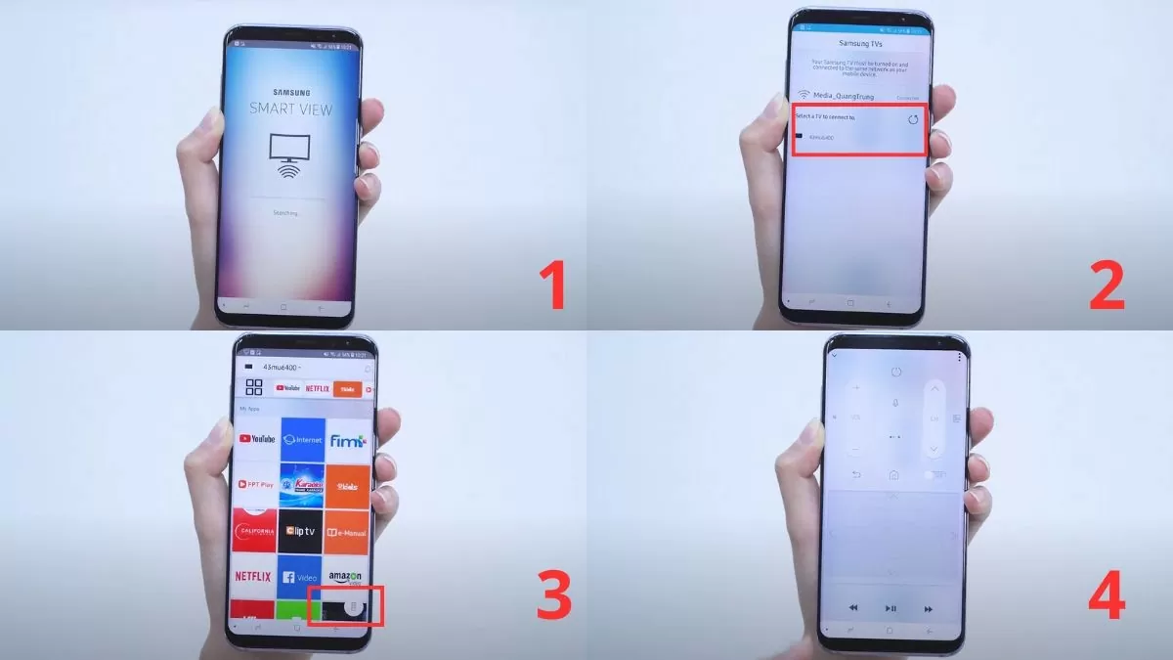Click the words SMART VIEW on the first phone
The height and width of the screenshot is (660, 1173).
pos(290,108)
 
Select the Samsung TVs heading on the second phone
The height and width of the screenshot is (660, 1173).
pos(860,44)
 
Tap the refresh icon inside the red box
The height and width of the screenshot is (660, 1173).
pos(913,119)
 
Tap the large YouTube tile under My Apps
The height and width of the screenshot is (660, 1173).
pos(256,439)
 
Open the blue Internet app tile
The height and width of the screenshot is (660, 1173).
pos(302,440)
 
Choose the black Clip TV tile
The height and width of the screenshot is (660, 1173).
pos(302,531)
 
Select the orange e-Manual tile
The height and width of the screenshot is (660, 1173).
pos(348,531)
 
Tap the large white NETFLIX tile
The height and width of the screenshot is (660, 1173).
pos(254,576)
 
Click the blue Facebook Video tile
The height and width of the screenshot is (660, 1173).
pos(302,576)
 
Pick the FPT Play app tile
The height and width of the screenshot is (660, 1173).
pos(256,485)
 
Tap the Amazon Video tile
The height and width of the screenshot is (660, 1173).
pos(347,577)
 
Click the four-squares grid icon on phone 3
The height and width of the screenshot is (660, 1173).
pos(254,387)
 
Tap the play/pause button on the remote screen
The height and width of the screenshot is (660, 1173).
pos(891,608)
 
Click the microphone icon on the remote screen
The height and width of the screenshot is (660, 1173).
pos(894,403)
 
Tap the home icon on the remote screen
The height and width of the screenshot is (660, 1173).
pos(893,475)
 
